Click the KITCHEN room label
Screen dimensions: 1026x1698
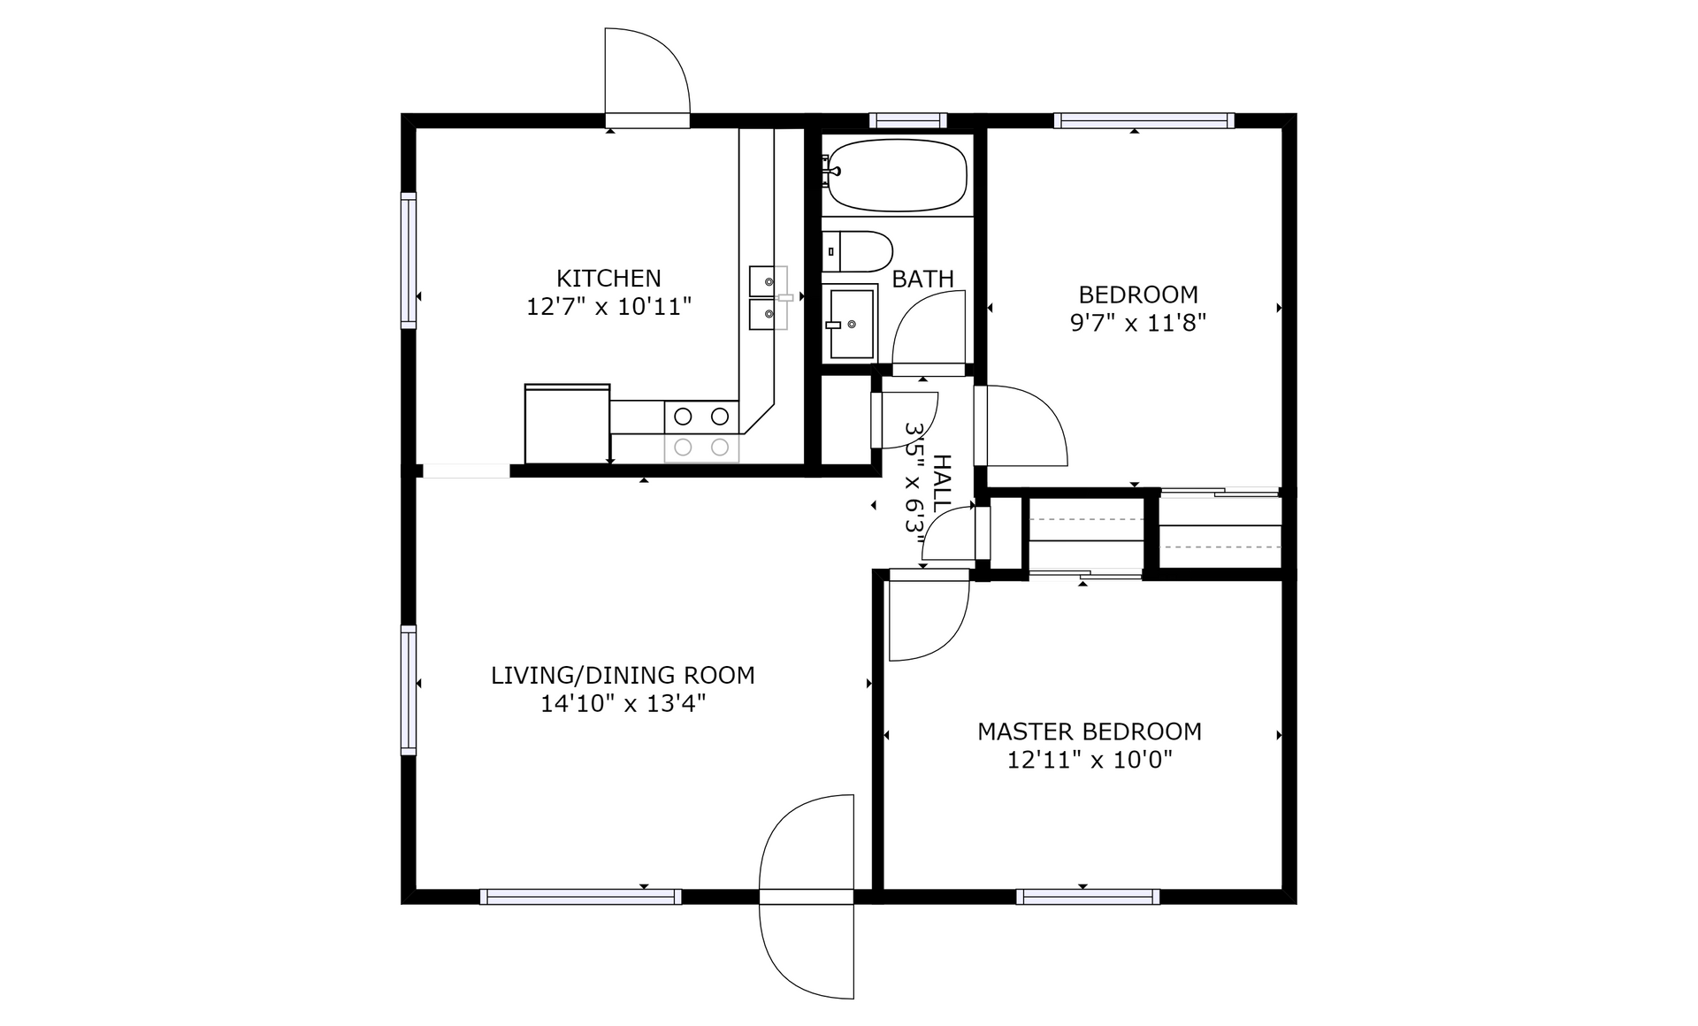click(608, 278)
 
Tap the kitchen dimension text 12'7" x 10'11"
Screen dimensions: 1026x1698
click(608, 307)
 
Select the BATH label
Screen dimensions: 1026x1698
click(922, 279)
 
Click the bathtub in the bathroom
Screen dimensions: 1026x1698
click(897, 174)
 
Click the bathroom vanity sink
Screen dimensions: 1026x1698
click(850, 323)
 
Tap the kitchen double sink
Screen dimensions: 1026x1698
click(769, 298)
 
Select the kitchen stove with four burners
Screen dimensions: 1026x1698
click(701, 431)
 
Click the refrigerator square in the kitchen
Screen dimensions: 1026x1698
click(567, 423)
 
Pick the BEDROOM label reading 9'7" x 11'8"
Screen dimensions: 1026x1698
click(1138, 308)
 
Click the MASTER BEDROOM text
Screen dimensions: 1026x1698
click(1089, 731)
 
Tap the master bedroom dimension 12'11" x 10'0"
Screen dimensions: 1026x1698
click(1089, 760)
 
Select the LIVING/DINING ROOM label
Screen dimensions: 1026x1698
click(623, 675)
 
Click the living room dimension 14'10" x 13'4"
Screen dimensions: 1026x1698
click(623, 704)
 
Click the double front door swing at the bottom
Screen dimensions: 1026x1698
click(807, 897)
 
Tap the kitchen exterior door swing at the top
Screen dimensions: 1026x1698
click(646, 75)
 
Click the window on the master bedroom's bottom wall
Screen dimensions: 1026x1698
click(1088, 897)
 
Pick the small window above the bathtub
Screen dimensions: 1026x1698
click(908, 120)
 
